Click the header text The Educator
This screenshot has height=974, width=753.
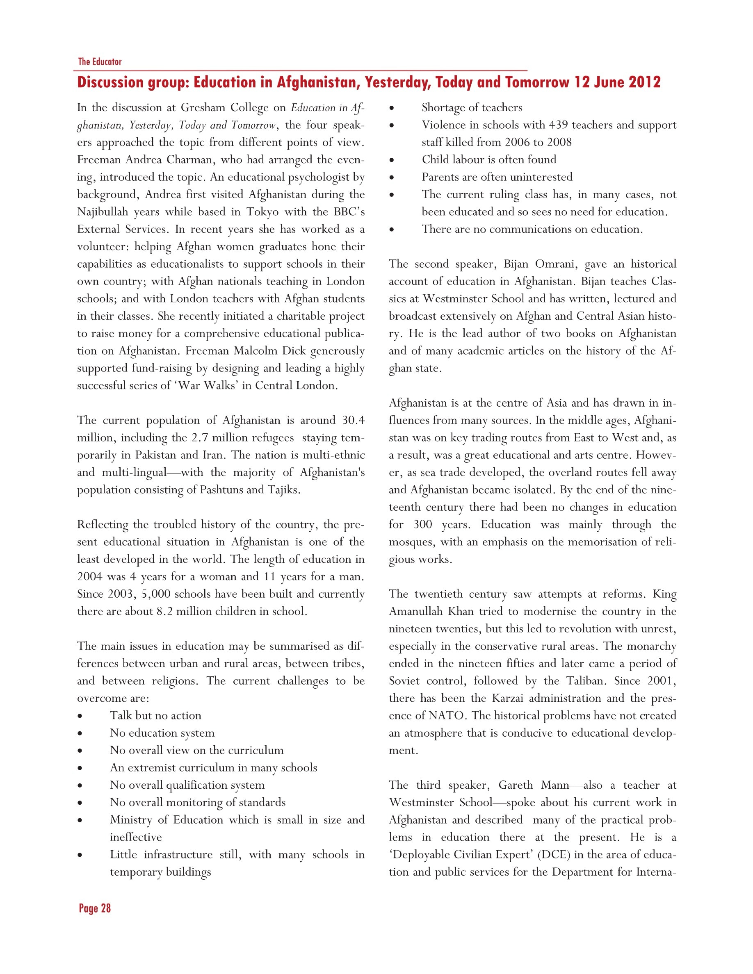(100, 61)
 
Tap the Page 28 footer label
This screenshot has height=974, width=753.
(95, 908)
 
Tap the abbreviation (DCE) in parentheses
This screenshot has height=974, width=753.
(554, 854)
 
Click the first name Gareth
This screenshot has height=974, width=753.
(515, 785)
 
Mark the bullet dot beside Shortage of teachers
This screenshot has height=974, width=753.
(391, 108)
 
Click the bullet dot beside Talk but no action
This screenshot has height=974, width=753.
(80, 716)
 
